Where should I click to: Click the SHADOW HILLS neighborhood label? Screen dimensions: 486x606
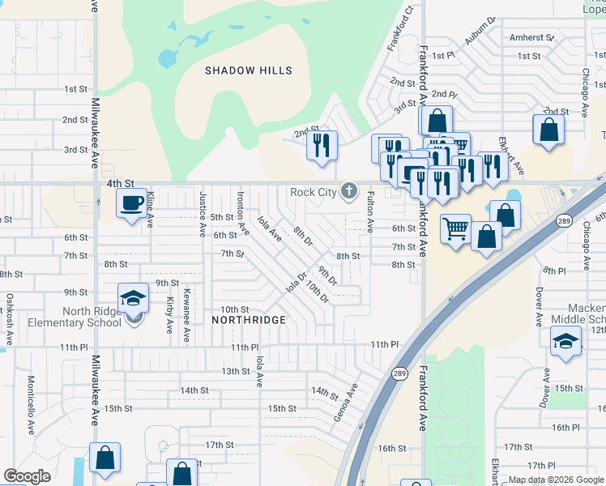[x=248, y=71]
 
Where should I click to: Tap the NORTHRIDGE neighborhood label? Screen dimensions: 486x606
[x=249, y=320]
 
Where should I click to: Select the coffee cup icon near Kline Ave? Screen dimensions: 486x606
[x=131, y=203]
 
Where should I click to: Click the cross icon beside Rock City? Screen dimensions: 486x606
[x=348, y=191]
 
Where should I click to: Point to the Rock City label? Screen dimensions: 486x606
[x=313, y=192]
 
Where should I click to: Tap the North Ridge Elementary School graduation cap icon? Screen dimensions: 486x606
[x=133, y=298]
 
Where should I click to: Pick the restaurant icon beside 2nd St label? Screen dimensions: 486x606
[x=322, y=146]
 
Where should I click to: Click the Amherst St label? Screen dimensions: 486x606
[x=531, y=37]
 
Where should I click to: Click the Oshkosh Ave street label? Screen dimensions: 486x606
[x=10, y=316]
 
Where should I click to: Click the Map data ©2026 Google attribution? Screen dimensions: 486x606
[x=555, y=480]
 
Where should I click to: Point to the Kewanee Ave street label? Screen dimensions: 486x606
[x=186, y=311]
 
